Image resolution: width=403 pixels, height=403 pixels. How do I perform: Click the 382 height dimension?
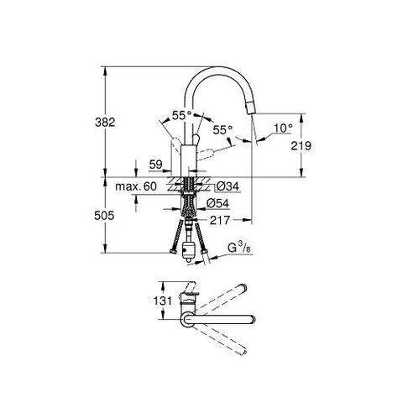[x=105, y=123]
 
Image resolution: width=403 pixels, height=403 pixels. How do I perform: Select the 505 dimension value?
[x=104, y=216]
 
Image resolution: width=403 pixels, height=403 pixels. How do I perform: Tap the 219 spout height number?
[x=301, y=146]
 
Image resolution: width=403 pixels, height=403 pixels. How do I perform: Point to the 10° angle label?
[x=283, y=128]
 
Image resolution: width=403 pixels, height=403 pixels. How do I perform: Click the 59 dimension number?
[x=155, y=165]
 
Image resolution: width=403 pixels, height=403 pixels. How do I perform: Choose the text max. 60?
[x=136, y=186]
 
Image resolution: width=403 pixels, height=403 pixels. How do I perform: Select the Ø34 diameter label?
[x=228, y=186]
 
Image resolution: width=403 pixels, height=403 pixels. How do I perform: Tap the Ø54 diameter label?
[x=217, y=203]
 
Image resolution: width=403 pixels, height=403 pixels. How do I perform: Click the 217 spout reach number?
[x=220, y=220]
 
